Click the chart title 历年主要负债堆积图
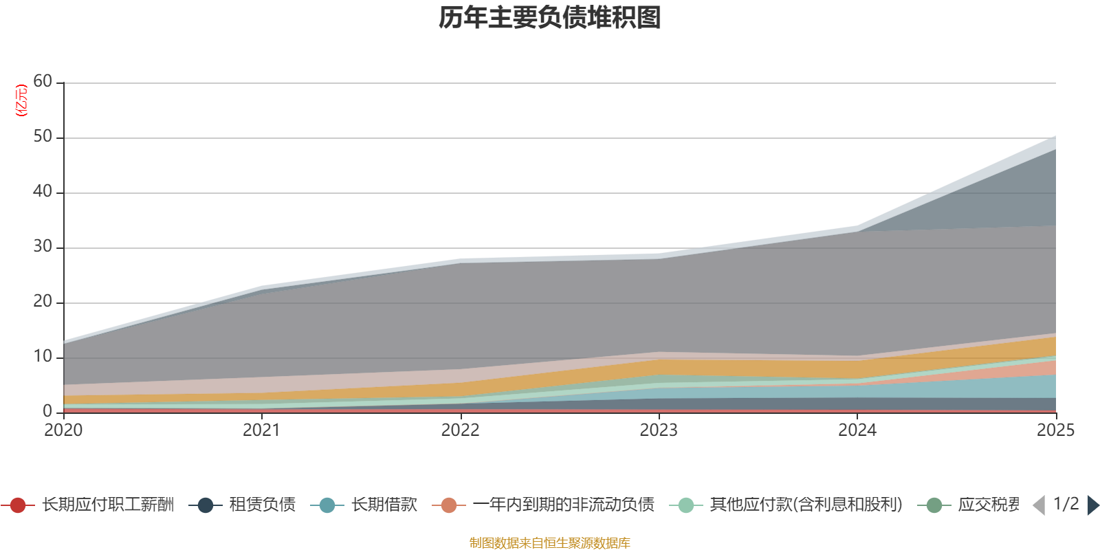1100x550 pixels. tap(550, 18)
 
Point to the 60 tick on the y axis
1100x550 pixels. tap(43, 82)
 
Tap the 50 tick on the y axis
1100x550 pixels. tap(43, 137)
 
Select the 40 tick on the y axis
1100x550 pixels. tap(43, 192)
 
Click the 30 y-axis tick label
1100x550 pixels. tap(43, 247)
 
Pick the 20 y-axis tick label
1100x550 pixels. tap(43, 302)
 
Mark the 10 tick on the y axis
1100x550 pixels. tap(43, 357)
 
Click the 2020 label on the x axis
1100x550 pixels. tap(63, 430)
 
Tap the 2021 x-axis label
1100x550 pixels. tap(261, 430)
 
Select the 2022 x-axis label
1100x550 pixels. tap(460, 430)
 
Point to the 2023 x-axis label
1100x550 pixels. tap(659, 430)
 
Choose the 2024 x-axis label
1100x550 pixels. tap(857, 430)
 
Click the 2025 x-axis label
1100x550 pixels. tap(1055, 430)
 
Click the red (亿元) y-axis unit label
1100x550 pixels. tap(21, 100)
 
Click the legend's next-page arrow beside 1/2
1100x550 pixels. tap(1092, 505)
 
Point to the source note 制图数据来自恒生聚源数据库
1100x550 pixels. tap(550, 543)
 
